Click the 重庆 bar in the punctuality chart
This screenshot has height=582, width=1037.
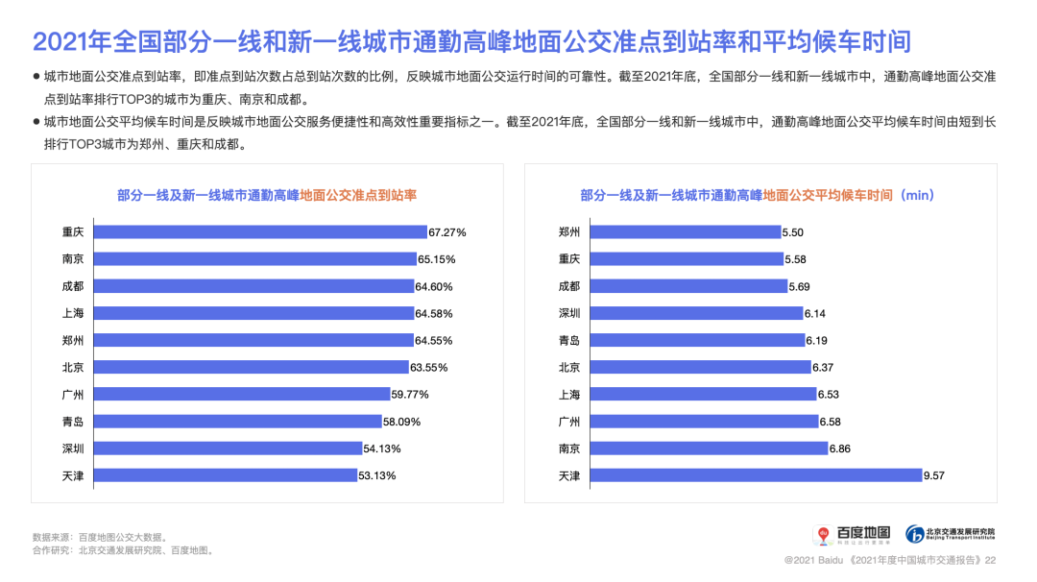pos(260,232)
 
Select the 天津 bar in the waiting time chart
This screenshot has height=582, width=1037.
pos(756,475)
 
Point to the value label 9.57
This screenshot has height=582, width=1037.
pos(935,475)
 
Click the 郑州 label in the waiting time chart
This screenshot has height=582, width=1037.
pos(568,232)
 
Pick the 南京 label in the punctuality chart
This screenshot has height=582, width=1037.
pos(72,259)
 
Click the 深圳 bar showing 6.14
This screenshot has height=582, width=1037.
pos(696,313)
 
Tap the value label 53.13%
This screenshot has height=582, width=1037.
pos(377,475)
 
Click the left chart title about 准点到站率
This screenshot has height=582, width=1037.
pos(266,195)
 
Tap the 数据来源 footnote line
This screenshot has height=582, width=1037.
pos(100,537)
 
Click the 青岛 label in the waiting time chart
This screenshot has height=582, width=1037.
pos(568,340)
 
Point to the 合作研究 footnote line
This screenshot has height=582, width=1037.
pos(122,551)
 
